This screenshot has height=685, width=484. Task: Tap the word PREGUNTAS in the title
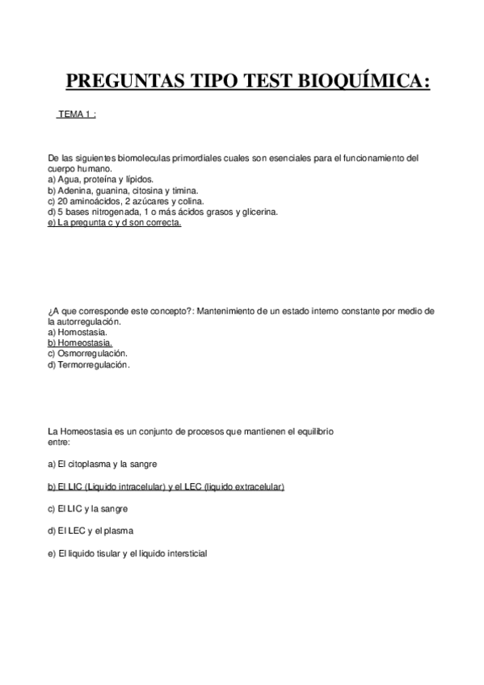119,81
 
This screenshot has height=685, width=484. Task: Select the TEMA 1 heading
77,116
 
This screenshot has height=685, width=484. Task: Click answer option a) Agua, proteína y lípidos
100,179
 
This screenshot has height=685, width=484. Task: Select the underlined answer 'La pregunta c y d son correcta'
115,223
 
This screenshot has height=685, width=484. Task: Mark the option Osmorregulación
88,353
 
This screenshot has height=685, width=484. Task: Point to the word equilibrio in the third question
315,431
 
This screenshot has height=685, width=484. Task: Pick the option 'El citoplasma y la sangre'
103,464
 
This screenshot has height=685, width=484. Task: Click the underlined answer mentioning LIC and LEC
166,486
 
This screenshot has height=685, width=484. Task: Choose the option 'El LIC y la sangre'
88,509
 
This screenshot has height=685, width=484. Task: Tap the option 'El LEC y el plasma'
90,531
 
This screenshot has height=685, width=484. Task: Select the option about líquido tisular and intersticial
128,553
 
